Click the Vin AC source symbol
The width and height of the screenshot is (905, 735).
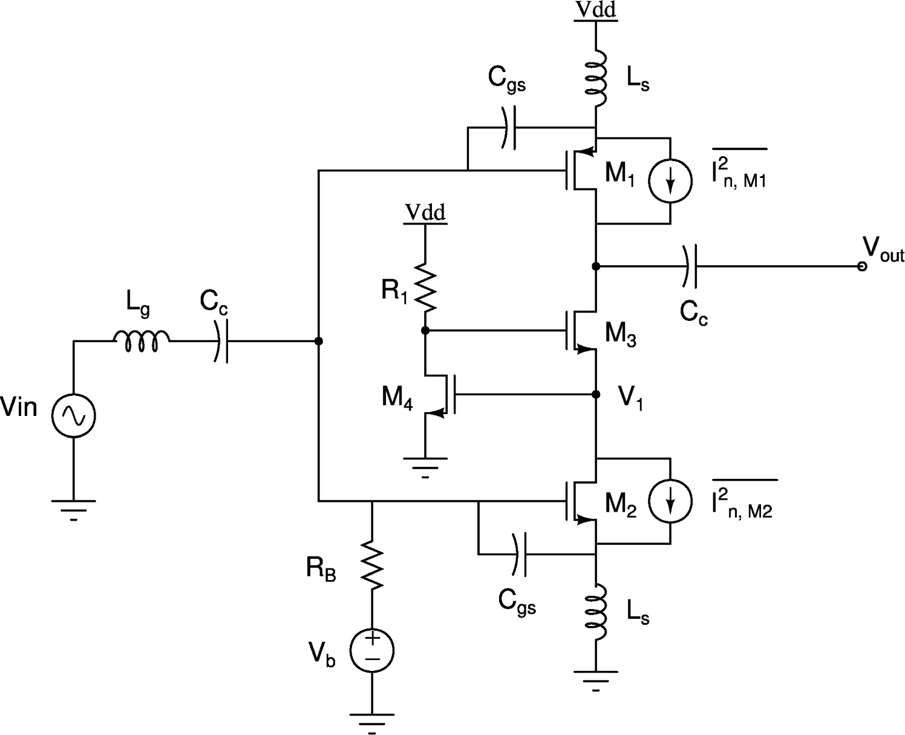point(73,415)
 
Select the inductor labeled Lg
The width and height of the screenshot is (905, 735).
point(142,341)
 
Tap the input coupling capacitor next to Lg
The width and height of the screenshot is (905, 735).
point(221,341)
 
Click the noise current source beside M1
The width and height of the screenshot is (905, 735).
point(670,180)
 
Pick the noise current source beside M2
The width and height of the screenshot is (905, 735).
point(670,501)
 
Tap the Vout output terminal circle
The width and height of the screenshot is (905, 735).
point(862,266)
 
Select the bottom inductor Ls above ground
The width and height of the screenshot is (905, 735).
point(596,614)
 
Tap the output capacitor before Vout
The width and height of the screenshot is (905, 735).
point(690,266)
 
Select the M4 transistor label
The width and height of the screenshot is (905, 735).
point(397,399)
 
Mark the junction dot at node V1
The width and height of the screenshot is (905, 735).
point(596,394)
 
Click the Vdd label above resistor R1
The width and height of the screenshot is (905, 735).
point(425,213)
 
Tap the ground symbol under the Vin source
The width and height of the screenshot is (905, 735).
point(73,505)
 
